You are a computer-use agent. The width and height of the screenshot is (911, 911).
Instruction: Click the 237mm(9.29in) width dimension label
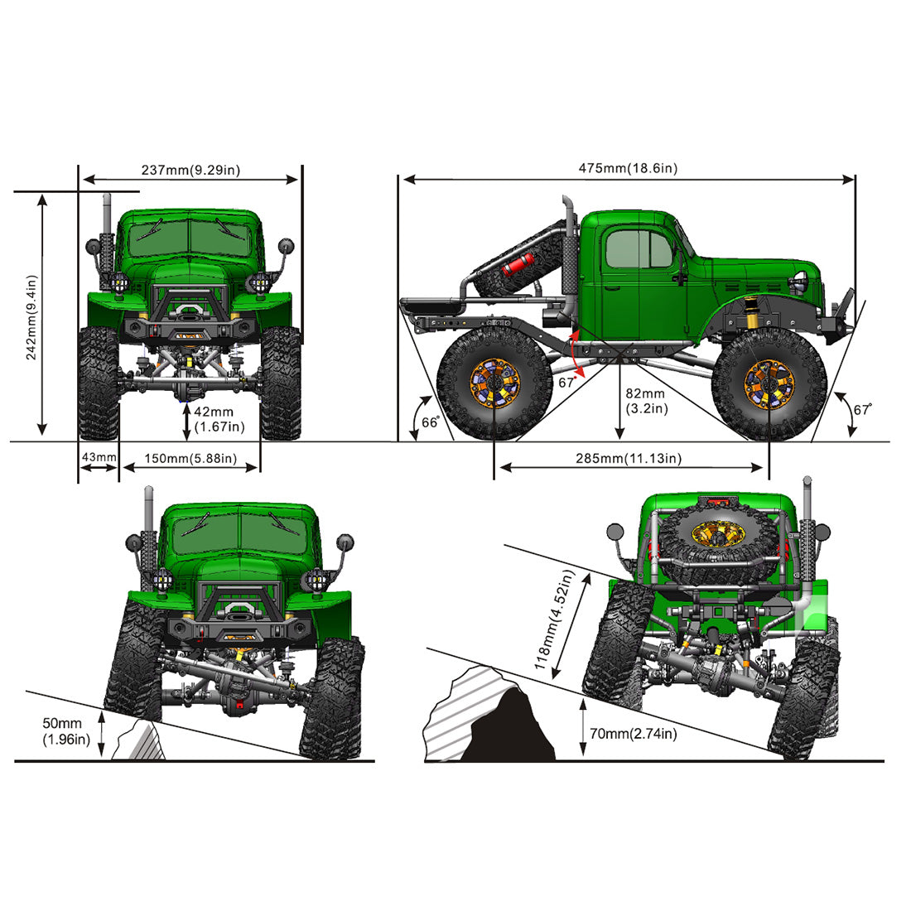pos(190,171)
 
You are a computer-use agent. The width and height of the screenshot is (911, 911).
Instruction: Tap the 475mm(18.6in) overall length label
pos(627,169)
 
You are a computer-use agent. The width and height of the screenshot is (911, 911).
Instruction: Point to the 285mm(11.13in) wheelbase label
pos(629,459)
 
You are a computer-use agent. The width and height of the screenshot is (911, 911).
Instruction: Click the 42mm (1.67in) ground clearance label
pos(219,419)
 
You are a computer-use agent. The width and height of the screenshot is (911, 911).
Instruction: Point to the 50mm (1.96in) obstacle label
pos(66,730)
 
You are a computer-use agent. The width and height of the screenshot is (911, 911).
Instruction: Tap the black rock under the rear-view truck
pos(507,729)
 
